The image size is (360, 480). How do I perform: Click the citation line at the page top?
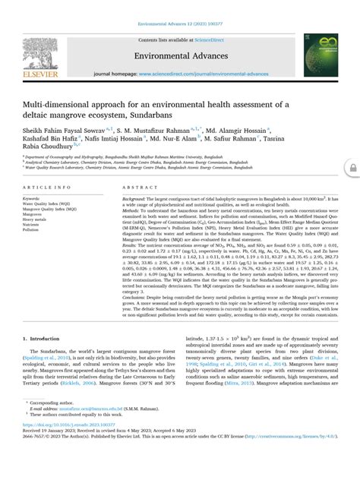tap(179, 7)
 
